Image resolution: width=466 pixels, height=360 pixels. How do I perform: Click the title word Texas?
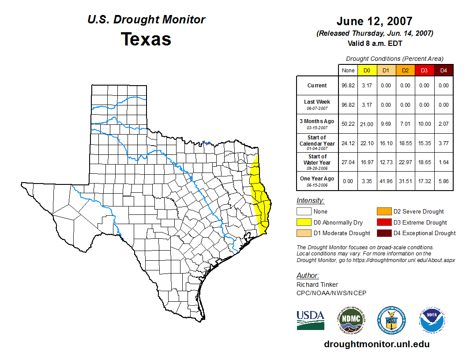tap(146, 39)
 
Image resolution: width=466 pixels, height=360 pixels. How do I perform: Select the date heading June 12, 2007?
tap(374, 21)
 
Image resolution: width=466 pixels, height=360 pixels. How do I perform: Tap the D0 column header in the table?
tap(367, 70)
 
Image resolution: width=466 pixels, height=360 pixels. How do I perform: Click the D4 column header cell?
tap(443, 70)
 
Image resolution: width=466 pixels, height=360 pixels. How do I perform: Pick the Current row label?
tap(317, 86)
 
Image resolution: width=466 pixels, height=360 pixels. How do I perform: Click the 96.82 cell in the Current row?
tap(348, 86)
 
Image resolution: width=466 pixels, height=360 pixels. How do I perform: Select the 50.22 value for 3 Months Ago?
tap(348, 124)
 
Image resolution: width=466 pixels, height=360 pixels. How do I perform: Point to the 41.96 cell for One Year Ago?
tap(386, 181)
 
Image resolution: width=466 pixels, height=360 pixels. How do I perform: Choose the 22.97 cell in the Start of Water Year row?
tap(405, 162)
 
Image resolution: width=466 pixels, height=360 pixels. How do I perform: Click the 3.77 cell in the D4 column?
tap(443, 143)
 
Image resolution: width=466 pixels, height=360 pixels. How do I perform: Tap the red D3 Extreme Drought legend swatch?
tap(383, 222)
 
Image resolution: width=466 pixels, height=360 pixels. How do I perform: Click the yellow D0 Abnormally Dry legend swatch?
tap(304, 222)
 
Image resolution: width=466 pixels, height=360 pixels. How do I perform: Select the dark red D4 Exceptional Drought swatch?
tap(383, 233)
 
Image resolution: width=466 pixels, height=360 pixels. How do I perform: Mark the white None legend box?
tap(304, 212)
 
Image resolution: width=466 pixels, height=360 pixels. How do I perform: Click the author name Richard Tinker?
tap(317, 285)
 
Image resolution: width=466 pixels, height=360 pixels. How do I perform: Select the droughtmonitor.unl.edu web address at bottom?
tap(376, 344)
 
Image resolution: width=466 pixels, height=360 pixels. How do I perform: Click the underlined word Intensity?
tap(310, 201)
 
